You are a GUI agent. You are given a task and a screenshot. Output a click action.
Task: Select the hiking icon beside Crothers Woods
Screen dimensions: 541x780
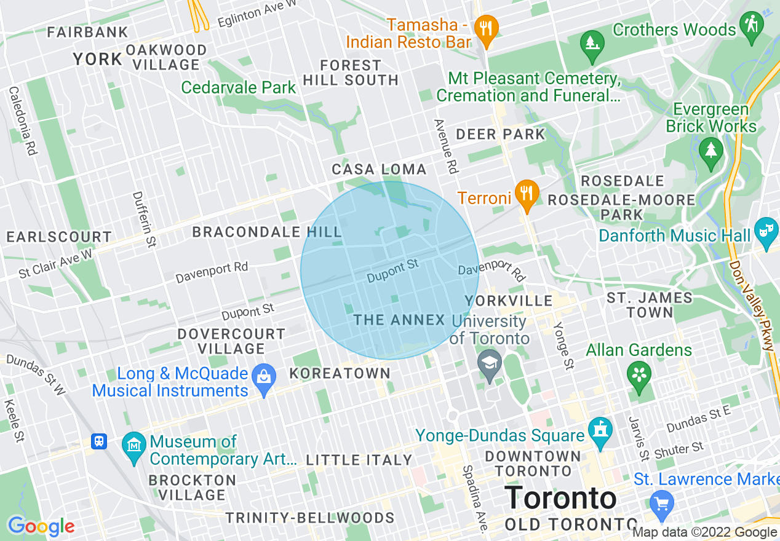click(x=752, y=27)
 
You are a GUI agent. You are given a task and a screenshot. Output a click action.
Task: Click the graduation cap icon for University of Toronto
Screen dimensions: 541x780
click(x=490, y=363)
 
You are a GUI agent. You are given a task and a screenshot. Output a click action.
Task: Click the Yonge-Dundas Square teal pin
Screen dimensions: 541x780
click(x=599, y=432)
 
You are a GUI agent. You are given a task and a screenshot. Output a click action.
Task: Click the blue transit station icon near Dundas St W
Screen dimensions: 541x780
click(x=98, y=441)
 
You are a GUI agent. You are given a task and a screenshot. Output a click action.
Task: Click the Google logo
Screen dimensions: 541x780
click(x=41, y=526)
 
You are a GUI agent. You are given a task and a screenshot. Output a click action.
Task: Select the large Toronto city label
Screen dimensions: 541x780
click(x=560, y=498)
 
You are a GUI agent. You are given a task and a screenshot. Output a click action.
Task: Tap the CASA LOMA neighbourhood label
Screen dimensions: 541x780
click(x=379, y=169)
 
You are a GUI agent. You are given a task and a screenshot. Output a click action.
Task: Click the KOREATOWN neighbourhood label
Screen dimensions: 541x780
click(x=340, y=373)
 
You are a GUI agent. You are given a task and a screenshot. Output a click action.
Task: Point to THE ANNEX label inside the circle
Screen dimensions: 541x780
click(x=399, y=320)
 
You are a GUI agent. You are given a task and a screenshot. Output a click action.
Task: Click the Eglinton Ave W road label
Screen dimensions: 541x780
click(x=257, y=14)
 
